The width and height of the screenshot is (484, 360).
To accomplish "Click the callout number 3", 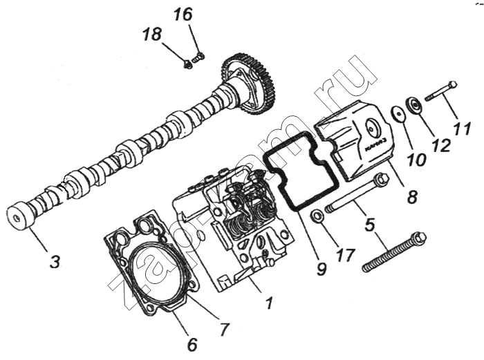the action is (x=55, y=262).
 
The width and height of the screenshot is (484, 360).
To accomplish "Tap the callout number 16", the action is (x=183, y=15).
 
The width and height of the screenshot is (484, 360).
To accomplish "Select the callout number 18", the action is (x=151, y=34).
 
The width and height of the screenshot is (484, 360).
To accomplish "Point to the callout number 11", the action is (x=463, y=129).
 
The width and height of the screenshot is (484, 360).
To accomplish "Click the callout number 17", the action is (x=345, y=255).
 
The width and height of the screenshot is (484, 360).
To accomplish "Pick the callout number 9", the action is (x=322, y=269).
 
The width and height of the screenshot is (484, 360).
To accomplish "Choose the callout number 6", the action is (x=192, y=345).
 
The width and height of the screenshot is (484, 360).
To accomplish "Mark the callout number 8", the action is (x=412, y=196).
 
